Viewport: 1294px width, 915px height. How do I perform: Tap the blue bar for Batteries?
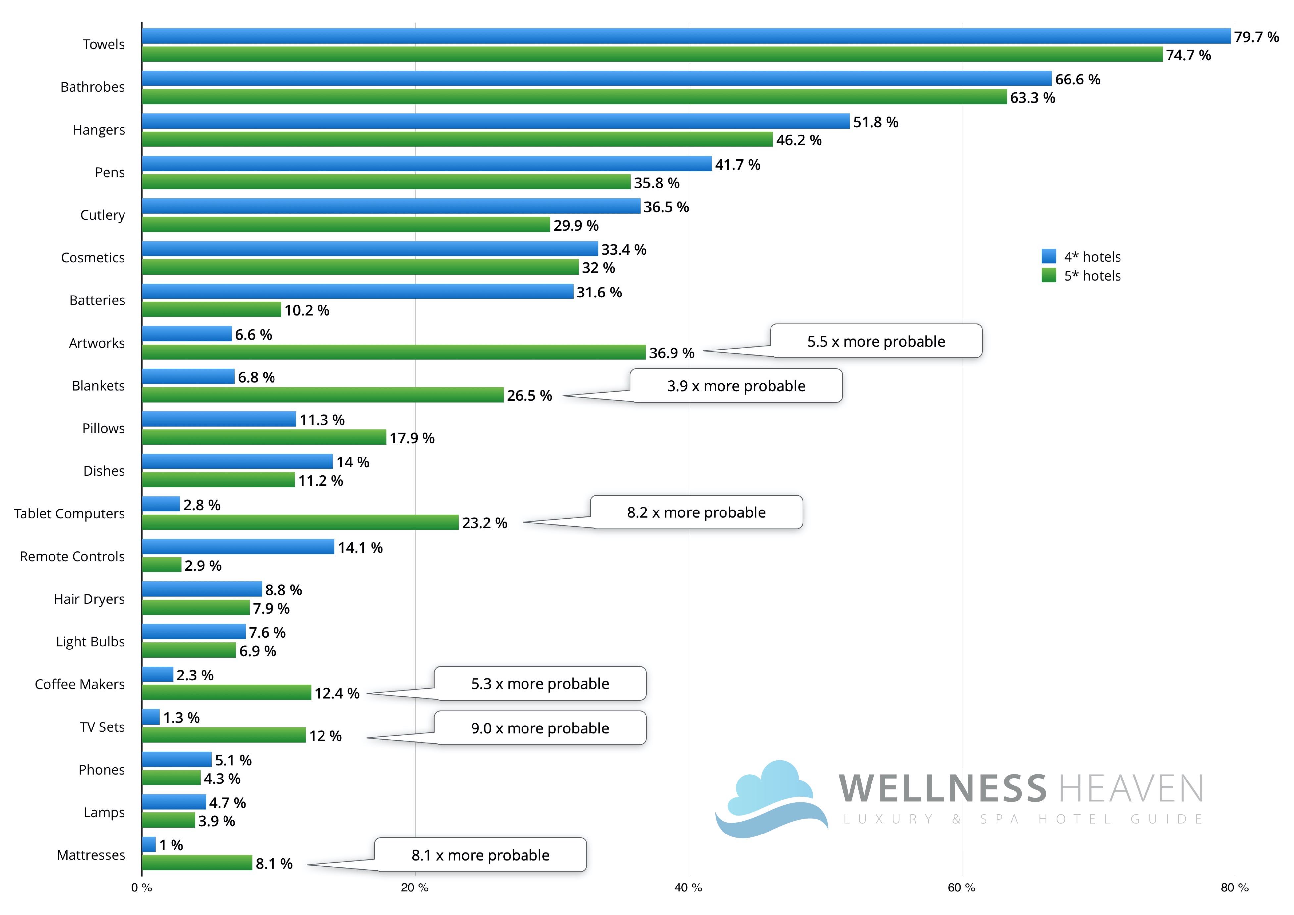(358, 292)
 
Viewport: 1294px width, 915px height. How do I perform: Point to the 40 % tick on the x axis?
(688, 888)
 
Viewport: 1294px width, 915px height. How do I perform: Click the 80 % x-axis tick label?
(1235, 888)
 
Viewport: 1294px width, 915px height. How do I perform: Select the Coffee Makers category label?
(80, 684)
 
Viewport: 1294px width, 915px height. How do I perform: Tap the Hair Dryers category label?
(89, 599)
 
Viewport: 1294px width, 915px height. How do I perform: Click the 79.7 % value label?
(1256, 37)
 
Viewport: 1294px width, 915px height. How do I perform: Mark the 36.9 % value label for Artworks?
(671, 353)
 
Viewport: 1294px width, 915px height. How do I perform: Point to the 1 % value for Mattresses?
(171, 845)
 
